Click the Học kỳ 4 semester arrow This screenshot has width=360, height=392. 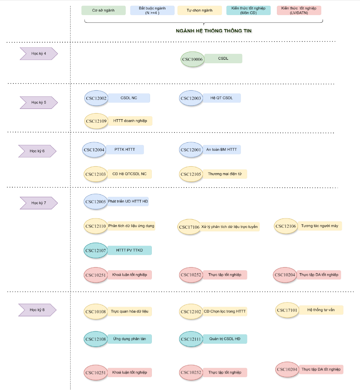39,53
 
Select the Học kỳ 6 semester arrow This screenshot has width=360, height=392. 37,151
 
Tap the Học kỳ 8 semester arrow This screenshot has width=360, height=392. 37,310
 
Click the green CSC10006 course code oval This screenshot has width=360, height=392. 192,59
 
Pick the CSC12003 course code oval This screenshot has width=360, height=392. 191,98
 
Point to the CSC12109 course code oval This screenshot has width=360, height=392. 96,121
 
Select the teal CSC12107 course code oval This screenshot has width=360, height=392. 95,250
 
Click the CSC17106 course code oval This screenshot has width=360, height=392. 189,227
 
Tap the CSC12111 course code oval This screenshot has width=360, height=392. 191,339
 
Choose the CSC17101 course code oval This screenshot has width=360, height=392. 287,310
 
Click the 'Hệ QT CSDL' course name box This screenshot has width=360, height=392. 222,98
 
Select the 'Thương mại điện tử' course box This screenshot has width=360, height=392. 225,174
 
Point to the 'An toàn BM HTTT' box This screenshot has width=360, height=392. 222,150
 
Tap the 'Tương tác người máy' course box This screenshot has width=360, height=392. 320,226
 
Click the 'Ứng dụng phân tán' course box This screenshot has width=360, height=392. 130,339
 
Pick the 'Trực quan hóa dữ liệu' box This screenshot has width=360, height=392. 130,311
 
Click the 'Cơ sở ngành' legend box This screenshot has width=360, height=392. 103,10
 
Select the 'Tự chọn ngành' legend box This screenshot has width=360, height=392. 200,10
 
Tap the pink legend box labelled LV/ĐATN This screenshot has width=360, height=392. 299,10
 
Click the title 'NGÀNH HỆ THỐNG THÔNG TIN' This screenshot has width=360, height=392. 214,31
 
